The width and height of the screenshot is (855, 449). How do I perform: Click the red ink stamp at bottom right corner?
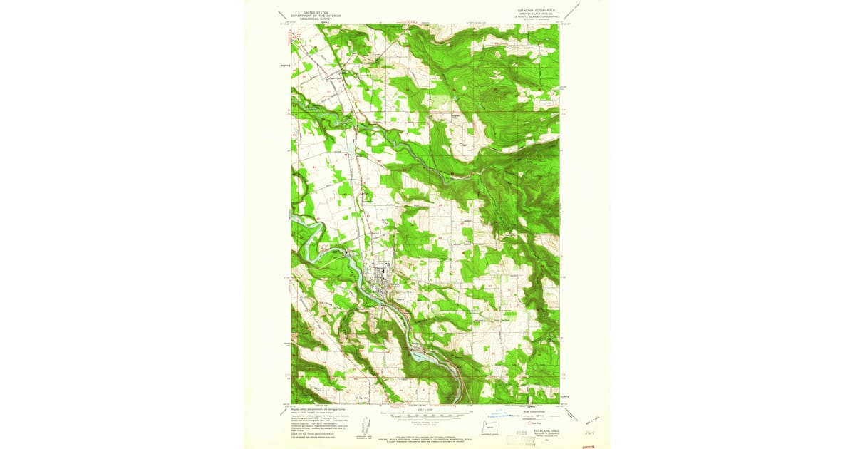588,445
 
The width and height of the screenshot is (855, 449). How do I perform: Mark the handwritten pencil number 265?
589,431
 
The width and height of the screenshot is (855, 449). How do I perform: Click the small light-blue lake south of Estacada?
420,353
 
